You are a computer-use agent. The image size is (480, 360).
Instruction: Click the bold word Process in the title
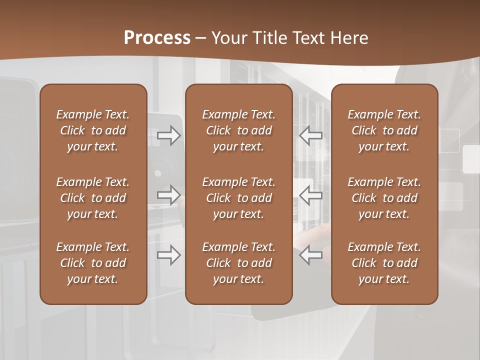pyautogui.click(x=157, y=38)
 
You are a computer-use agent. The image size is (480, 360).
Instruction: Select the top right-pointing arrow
pyautogui.click(x=169, y=135)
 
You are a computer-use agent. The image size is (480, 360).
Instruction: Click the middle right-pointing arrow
pyautogui.click(x=169, y=195)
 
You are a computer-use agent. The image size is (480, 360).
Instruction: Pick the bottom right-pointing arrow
pyautogui.click(x=169, y=255)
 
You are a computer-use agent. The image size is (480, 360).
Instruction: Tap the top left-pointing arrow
pyautogui.click(x=311, y=135)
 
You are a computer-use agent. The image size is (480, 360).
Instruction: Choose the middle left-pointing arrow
pyautogui.click(x=311, y=195)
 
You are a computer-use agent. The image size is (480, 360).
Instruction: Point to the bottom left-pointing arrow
pyautogui.click(x=311, y=255)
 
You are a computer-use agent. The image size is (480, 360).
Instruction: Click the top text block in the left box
pyautogui.click(x=93, y=130)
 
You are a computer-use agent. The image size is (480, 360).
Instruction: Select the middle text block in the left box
pyautogui.click(x=93, y=198)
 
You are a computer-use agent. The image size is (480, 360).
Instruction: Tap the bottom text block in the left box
pyautogui.click(x=93, y=263)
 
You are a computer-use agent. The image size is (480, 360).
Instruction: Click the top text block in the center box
pyautogui.click(x=238, y=130)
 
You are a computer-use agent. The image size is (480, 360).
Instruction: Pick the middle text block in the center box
pyautogui.click(x=238, y=198)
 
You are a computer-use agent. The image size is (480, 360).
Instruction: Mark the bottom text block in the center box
pyautogui.click(x=238, y=263)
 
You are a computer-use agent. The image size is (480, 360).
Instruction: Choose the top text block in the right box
pyautogui.click(x=384, y=130)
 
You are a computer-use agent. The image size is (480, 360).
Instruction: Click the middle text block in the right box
pyautogui.click(x=384, y=198)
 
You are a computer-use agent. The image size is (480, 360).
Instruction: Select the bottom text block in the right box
pyautogui.click(x=384, y=263)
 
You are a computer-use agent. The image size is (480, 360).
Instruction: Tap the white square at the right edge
pyautogui.click(x=471, y=159)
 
